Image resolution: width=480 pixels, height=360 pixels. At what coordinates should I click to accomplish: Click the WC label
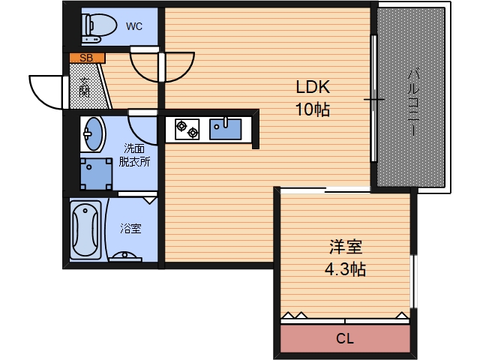pos(134,27)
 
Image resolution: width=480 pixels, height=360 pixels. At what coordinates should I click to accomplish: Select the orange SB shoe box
pos(87,57)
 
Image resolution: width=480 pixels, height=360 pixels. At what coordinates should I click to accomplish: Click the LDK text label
pos(312,85)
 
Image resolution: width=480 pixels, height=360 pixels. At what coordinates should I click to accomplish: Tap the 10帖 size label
pos(312,109)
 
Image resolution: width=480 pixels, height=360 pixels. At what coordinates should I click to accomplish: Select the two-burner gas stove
pos(187,129)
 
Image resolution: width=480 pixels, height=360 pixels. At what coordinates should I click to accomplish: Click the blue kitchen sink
pos(225,128)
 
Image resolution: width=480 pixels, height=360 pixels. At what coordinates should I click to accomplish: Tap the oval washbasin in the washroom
pos(93,133)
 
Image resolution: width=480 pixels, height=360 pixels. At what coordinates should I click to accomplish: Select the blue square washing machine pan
pos(96,172)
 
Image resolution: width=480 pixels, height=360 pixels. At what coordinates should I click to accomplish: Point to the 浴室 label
pos(131,228)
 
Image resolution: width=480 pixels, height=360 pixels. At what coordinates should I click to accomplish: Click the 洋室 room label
pos(346,247)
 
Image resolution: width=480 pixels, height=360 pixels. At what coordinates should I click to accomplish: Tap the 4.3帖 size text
pos(346,269)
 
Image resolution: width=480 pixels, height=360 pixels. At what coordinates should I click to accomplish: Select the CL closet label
pos(344,339)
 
